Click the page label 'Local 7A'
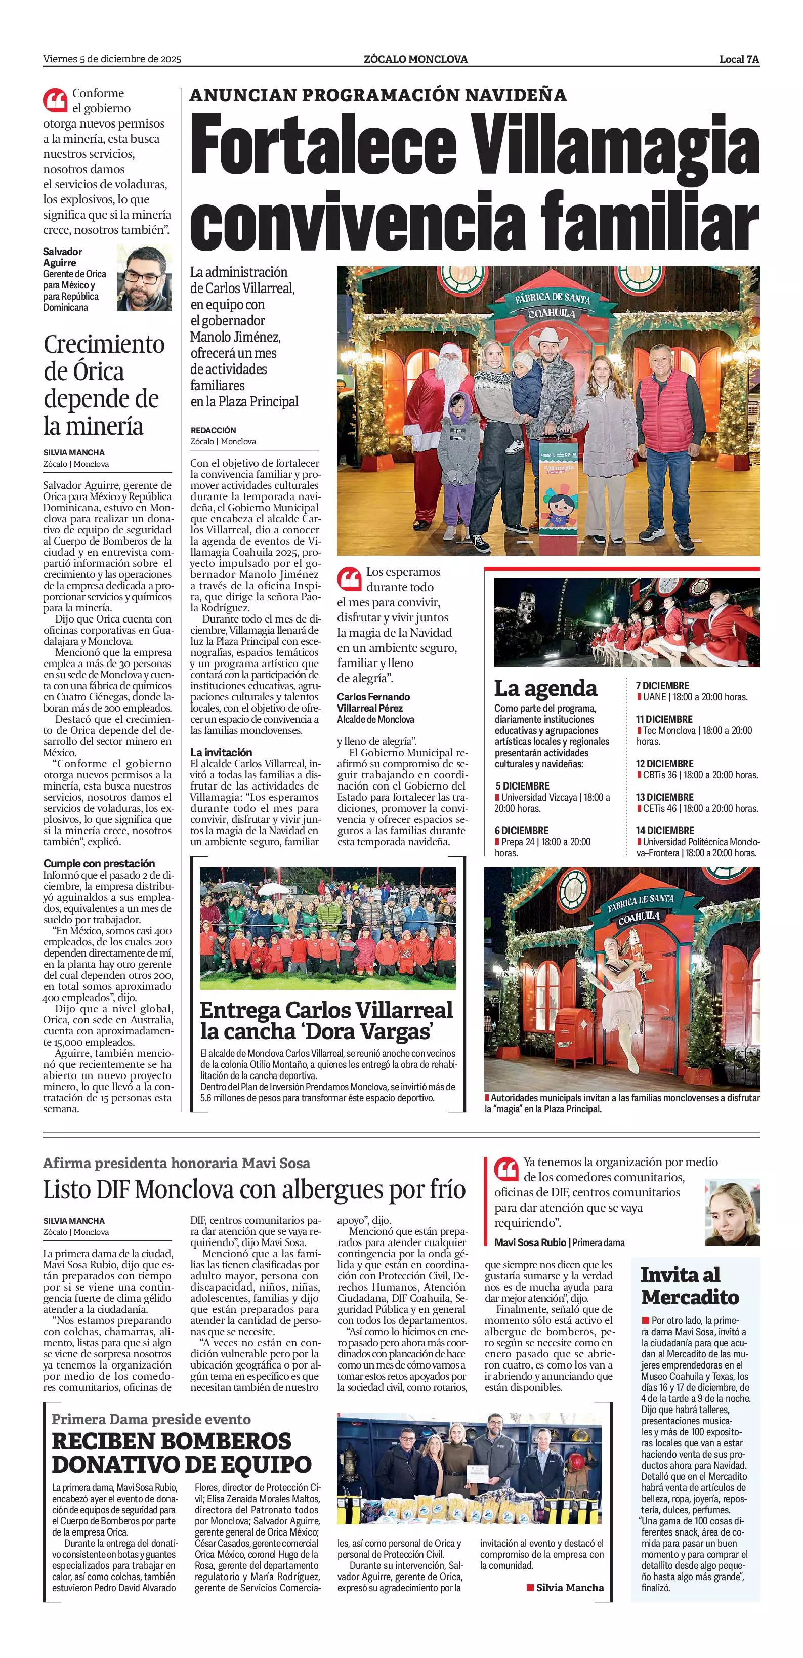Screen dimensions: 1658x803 click(x=739, y=59)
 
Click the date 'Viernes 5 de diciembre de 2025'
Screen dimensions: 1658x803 click(x=112, y=59)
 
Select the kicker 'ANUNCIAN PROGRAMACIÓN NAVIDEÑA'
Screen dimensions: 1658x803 click(x=378, y=95)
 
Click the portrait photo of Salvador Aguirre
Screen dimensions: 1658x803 click(x=144, y=277)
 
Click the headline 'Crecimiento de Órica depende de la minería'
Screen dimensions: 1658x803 click(x=103, y=385)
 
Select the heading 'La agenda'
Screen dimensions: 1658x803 click(x=545, y=688)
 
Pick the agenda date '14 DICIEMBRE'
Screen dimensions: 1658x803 click(x=665, y=831)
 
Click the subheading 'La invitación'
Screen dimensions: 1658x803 click(x=221, y=752)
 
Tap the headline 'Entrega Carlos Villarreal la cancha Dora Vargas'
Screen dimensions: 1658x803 click(x=326, y=1021)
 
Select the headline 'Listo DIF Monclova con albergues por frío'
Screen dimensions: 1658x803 click(x=254, y=1189)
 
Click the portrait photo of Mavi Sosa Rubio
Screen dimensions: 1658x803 click(x=732, y=1213)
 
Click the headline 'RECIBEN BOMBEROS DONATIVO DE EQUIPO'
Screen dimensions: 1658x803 click(x=182, y=1453)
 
